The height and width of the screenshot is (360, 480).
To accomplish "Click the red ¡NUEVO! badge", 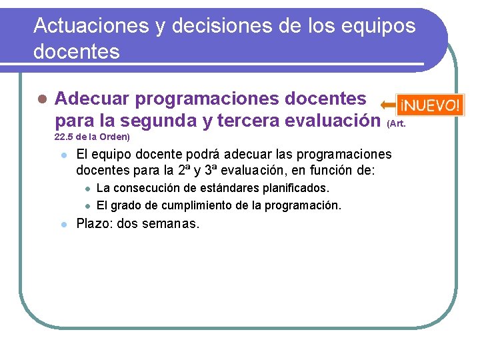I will tap(429, 105).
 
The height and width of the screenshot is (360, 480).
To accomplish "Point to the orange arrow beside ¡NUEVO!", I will tap(387, 105).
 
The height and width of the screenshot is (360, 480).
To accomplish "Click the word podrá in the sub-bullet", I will tap(197, 155).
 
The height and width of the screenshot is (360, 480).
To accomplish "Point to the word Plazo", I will tap(93, 224).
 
